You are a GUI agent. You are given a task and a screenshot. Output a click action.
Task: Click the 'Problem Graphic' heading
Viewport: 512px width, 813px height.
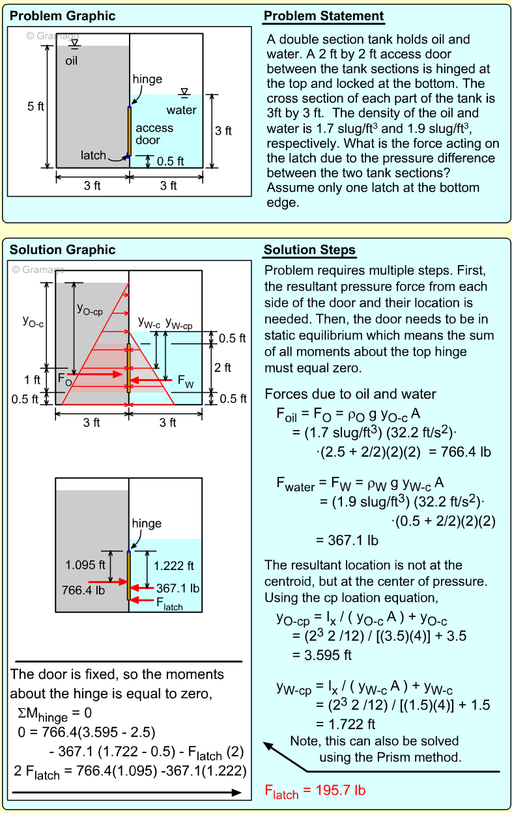(x=63, y=16)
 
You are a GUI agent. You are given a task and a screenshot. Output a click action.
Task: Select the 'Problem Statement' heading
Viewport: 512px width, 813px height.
(x=323, y=16)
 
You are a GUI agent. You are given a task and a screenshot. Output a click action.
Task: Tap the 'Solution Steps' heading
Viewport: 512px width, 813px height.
(x=309, y=250)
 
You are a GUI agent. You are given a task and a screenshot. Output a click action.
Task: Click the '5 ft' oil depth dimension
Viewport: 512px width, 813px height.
(x=36, y=106)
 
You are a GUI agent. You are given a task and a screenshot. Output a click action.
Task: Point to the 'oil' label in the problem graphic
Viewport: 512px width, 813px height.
(x=72, y=61)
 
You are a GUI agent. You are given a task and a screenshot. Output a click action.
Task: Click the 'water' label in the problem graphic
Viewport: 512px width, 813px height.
(x=181, y=110)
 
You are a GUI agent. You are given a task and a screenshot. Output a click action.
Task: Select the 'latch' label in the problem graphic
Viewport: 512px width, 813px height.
(x=93, y=155)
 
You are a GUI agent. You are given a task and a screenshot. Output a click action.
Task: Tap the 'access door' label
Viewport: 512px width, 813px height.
(x=154, y=134)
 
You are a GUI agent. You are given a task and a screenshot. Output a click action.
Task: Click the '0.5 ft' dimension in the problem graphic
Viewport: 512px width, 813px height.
(x=170, y=161)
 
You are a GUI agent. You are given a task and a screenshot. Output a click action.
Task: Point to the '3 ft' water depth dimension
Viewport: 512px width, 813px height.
(x=223, y=131)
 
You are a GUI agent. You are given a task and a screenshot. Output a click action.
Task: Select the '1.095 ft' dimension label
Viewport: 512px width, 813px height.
(x=85, y=565)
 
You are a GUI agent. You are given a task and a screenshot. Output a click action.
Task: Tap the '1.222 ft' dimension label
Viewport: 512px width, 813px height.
(x=173, y=565)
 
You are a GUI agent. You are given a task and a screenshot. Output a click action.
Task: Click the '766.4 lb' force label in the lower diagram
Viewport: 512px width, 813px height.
(x=83, y=590)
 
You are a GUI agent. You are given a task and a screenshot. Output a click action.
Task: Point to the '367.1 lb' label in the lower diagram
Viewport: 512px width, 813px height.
(x=178, y=588)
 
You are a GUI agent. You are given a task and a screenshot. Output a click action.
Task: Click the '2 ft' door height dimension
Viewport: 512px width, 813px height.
(x=222, y=367)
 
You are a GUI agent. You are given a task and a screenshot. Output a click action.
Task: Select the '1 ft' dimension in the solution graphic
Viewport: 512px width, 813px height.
(x=32, y=380)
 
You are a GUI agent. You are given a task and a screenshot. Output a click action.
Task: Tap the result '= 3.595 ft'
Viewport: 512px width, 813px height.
(x=322, y=655)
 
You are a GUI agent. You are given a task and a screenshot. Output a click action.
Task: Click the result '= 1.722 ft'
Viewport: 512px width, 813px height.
(x=345, y=724)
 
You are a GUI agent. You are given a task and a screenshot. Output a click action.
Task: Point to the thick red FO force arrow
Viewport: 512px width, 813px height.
(x=95, y=374)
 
